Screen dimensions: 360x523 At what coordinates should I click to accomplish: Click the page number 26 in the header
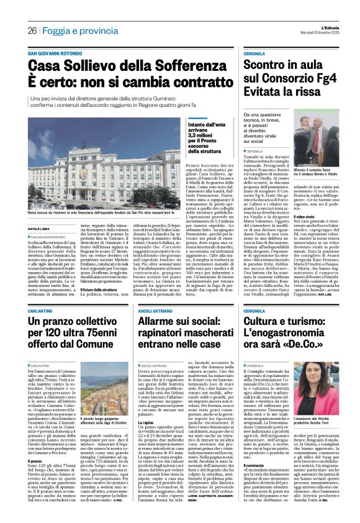pos(32,31)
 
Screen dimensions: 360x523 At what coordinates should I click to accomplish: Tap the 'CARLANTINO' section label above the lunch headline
pos(43,309)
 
